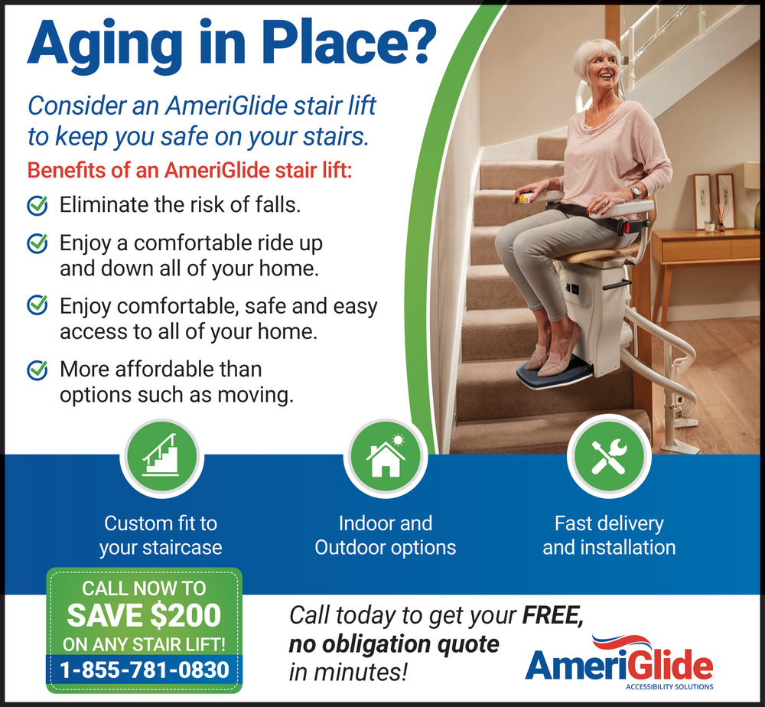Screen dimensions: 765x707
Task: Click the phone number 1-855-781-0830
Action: (145, 670)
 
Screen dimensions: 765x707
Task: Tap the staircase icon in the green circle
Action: (161, 455)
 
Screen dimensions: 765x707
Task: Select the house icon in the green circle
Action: (386, 456)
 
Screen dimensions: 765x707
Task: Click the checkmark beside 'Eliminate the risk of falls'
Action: (37, 205)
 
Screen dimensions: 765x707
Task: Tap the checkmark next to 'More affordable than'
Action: (37, 370)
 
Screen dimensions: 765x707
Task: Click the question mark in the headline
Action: (418, 42)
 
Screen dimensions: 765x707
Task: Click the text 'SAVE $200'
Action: (144, 615)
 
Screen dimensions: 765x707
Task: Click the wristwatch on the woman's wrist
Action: (635, 191)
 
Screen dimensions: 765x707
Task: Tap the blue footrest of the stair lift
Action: (555, 373)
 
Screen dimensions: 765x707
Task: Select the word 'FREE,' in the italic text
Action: (553, 616)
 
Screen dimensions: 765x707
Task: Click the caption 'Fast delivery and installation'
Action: (610, 536)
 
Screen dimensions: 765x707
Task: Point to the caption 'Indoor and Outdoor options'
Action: (386, 536)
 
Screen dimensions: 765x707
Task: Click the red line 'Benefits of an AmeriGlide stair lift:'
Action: (189, 171)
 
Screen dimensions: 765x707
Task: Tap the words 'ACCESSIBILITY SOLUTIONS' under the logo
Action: (669, 686)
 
